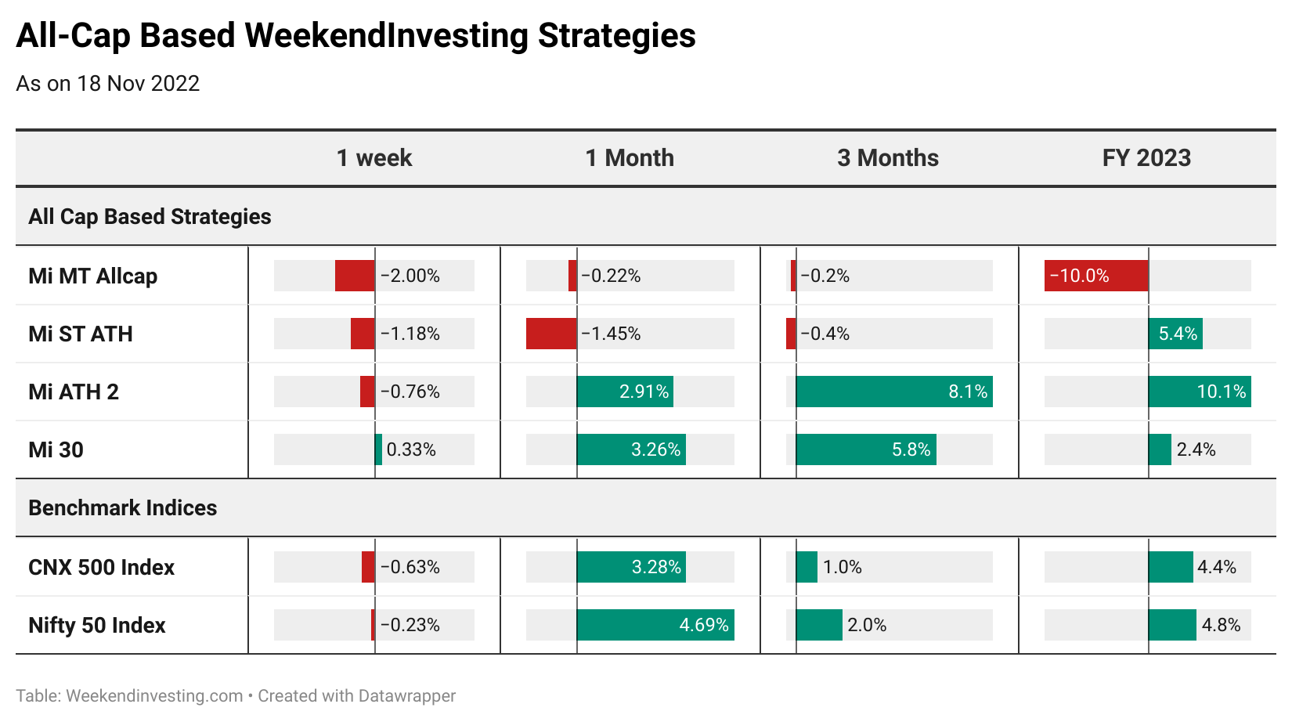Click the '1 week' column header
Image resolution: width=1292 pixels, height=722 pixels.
point(374,158)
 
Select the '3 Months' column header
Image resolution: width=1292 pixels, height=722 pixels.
point(888,158)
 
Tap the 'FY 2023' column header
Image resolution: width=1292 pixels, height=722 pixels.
point(1146,158)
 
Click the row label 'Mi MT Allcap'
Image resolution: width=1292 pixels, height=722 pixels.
point(93,276)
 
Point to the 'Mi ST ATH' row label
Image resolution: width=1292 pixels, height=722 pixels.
point(80,334)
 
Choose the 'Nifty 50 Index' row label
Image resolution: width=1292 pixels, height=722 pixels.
point(97,625)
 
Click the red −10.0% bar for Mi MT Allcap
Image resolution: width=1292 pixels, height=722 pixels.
point(1096,276)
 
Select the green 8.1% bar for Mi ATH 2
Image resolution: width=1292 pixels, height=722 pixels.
point(894,392)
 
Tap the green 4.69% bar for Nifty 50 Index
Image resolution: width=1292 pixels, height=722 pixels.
point(655,625)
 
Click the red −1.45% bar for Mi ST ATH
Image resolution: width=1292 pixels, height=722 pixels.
point(551,334)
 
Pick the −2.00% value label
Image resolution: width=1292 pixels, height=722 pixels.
point(410,276)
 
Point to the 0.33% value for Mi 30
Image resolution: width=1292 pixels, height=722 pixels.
point(410,449)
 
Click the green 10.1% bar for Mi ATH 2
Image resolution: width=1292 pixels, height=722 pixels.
point(1200,392)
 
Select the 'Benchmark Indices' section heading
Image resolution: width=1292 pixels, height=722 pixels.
point(122,508)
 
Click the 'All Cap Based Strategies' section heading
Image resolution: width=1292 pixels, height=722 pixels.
point(150,217)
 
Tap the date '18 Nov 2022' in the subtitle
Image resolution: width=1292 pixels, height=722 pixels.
point(138,84)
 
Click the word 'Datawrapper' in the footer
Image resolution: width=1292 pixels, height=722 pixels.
point(406,696)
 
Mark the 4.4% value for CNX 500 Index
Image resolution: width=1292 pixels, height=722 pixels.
point(1217,567)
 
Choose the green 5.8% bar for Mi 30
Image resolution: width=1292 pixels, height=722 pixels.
point(866,449)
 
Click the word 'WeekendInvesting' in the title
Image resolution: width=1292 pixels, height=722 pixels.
point(386,36)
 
